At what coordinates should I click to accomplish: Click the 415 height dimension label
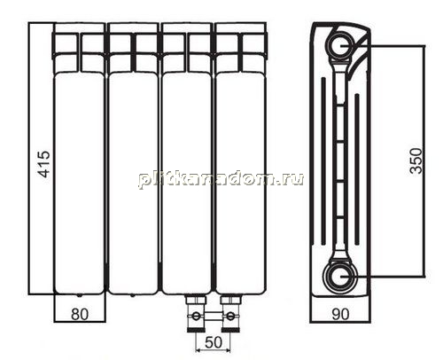(44, 164)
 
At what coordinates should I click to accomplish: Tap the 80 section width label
(80, 315)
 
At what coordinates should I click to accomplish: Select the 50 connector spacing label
(214, 342)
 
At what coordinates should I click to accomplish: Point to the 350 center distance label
(416, 160)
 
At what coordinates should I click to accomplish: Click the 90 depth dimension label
(340, 314)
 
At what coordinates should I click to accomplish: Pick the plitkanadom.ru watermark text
(221, 178)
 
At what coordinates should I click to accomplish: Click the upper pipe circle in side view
(339, 45)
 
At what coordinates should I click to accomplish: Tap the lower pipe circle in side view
(339, 277)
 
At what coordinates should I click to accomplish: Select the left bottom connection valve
(196, 313)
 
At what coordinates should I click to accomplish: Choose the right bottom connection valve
(230, 313)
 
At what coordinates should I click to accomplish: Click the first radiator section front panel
(80, 184)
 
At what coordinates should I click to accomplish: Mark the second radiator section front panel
(133, 184)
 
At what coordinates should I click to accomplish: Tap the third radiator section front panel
(187, 184)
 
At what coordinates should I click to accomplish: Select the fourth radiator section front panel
(240, 184)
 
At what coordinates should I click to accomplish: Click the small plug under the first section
(79, 295)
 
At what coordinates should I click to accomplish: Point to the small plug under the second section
(132, 295)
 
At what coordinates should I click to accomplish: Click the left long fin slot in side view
(323, 161)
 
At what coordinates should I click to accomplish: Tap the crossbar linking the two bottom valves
(213, 316)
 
